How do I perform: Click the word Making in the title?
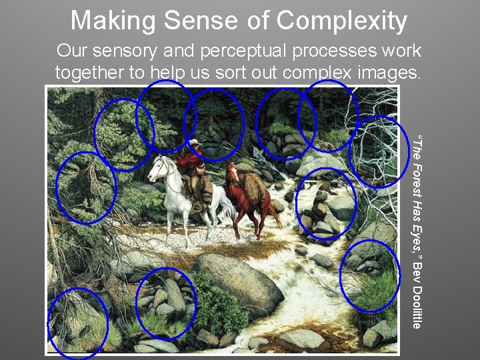[x=111, y=21]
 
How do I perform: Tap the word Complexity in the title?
[x=342, y=21]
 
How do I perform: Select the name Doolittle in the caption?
[x=417, y=306]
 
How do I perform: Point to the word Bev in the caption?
[x=417, y=270]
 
